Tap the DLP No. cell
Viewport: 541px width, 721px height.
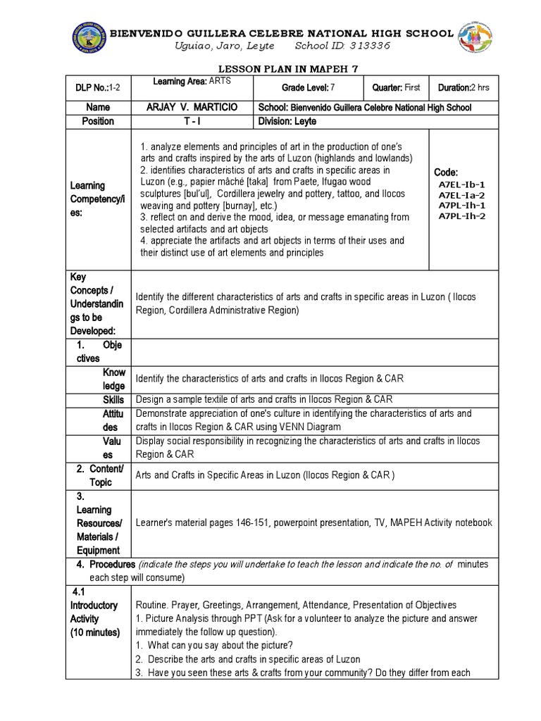(98, 87)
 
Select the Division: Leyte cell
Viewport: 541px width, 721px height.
(288, 121)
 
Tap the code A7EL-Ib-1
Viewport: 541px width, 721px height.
(461, 184)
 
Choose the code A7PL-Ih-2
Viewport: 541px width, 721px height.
(461, 216)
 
